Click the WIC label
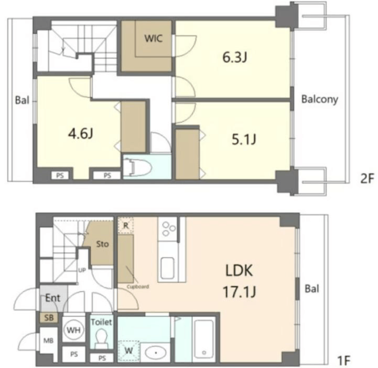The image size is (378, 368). tap(154, 38)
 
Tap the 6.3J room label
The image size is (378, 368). tap(234, 57)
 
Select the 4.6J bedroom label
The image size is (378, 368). tap(80, 134)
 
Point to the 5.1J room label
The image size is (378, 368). tap(244, 139)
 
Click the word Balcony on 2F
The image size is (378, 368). tap(320, 99)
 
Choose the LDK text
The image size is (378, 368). tap(239, 270)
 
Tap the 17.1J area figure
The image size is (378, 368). tap(239, 291)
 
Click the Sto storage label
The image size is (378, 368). tap(102, 244)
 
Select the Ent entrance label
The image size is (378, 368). tap(53, 298)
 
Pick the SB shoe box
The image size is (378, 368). tap(49, 318)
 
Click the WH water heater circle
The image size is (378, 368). tap(74, 330)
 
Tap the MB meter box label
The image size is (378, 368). tap(48, 340)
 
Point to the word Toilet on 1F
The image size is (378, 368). tap(101, 322)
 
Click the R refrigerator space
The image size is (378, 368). tap(126, 225)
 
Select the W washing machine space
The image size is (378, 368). tap(129, 351)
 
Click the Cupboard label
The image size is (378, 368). tap(138, 287)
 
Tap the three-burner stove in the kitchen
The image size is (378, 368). tap(169, 228)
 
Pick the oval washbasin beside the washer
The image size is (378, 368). tap(156, 353)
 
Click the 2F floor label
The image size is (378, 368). tap(367, 179)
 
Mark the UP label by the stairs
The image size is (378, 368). tap(82, 270)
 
